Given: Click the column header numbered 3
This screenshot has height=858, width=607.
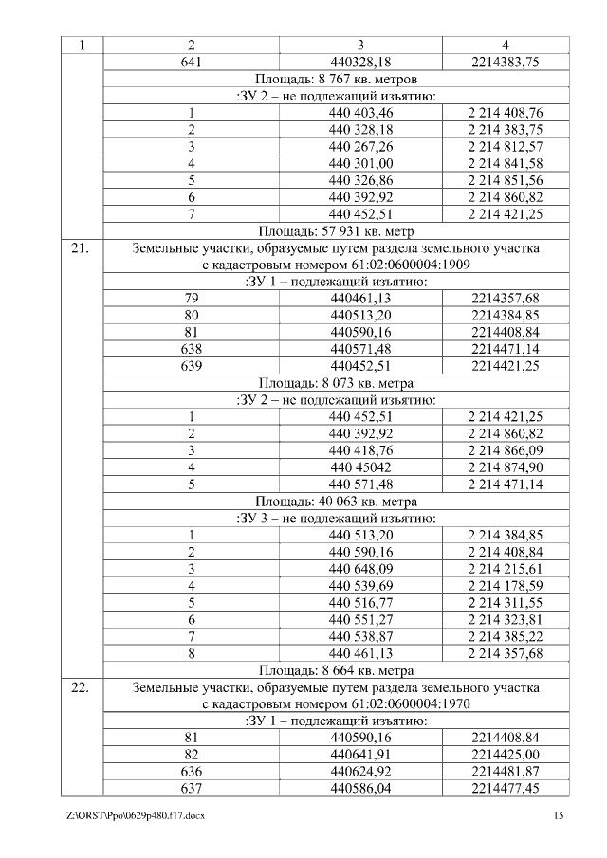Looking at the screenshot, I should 360,45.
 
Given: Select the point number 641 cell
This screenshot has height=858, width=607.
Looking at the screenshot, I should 191,62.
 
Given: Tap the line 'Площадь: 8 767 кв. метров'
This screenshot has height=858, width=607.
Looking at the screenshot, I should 337,79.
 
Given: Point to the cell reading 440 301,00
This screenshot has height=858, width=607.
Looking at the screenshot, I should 360,163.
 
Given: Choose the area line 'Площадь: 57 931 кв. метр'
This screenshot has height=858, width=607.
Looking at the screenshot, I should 337,230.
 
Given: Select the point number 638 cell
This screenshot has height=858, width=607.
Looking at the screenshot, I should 191,349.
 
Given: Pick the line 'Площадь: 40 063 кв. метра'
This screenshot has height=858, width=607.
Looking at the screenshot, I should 337,502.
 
